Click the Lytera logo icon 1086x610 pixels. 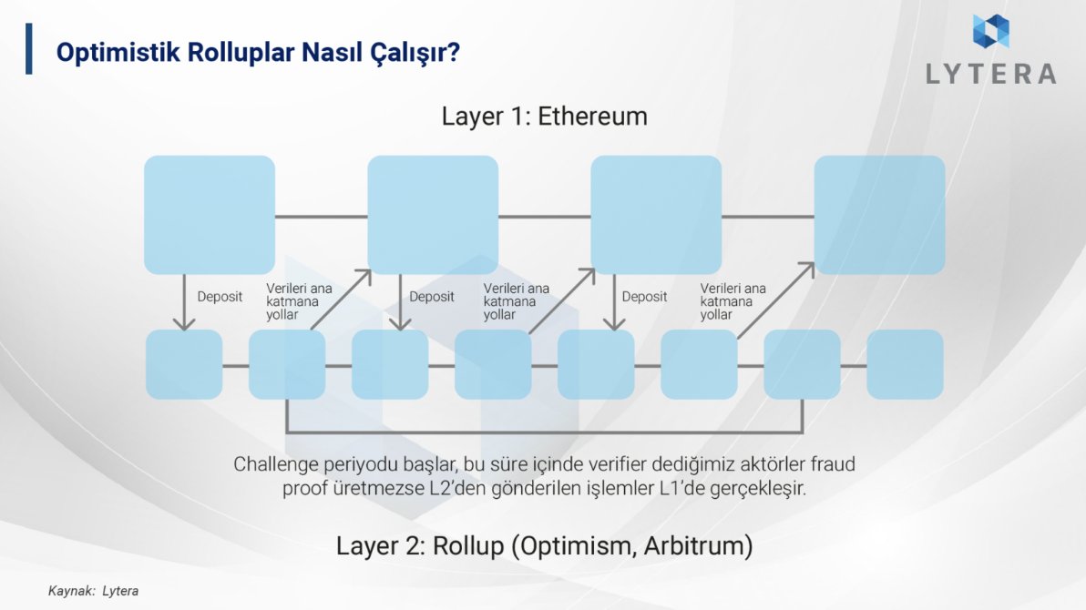coord(990,31)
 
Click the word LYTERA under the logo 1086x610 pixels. coord(990,74)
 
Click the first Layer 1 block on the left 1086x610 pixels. coord(210,215)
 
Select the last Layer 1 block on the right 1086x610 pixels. coord(879,215)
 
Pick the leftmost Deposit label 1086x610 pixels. coord(220,297)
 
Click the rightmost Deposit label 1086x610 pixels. coord(644,297)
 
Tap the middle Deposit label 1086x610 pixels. coord(432,297)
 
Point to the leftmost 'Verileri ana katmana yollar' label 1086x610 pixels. coord(299,301)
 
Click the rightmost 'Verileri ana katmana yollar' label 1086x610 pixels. coord(733,301)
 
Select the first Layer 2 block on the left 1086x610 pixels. coord(184,364)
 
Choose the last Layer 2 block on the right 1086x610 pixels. coord(905,364)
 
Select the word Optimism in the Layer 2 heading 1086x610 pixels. coord(575,546)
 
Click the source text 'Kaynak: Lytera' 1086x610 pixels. coord(93,591)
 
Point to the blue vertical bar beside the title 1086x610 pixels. coord(29,49)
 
